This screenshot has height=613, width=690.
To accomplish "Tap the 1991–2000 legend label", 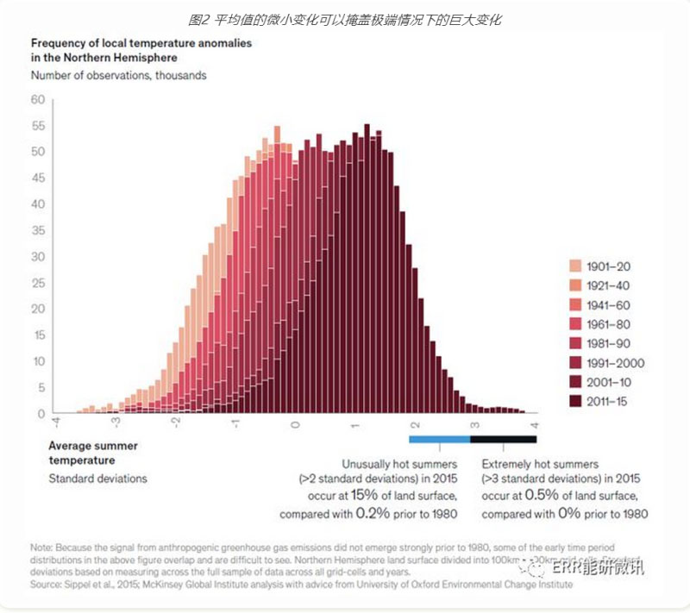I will click(617, 363).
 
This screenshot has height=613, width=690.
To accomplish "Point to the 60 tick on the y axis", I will click(37, 99).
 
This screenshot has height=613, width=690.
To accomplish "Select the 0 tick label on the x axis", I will click(295, 425).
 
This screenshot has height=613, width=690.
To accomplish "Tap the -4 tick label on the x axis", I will click(56, 425).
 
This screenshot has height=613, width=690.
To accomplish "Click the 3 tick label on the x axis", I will click(474, 425).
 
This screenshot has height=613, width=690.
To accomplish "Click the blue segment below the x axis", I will click(439, 439).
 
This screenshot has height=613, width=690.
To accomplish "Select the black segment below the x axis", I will click(503, 439).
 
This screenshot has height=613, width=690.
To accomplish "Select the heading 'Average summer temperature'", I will click(92, 453).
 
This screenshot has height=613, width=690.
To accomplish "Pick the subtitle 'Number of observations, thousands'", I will click(118, 75).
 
